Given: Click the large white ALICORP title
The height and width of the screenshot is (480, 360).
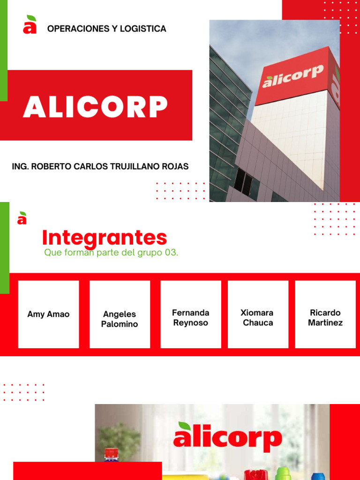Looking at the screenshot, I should [x=95, y=107].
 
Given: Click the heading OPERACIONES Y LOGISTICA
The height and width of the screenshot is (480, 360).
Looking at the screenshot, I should [x=106, y=29].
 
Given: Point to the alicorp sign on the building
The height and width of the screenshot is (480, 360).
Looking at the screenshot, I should [x=293, y=76].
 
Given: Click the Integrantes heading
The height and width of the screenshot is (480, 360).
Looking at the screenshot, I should [x=105, y=238].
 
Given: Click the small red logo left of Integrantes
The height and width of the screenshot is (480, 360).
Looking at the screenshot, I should [x=22, y=218].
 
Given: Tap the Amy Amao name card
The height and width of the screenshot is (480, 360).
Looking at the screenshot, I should [x=48, y=314].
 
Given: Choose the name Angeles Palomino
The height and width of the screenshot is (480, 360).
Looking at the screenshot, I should [x=120, y=319].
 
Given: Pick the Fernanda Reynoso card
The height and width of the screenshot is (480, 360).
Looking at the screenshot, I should [x=191, y=317].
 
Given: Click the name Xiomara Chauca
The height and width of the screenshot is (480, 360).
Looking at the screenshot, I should [x=258, y=317].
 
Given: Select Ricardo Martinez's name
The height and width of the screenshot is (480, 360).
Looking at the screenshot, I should [x=325, y=317].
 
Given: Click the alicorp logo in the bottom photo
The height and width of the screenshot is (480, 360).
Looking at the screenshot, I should [x=227, y=437].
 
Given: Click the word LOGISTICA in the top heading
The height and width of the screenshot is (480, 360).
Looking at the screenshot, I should [x=143, y=29].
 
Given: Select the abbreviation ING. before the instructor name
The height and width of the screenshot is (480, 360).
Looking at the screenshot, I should [x=20, y=166].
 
